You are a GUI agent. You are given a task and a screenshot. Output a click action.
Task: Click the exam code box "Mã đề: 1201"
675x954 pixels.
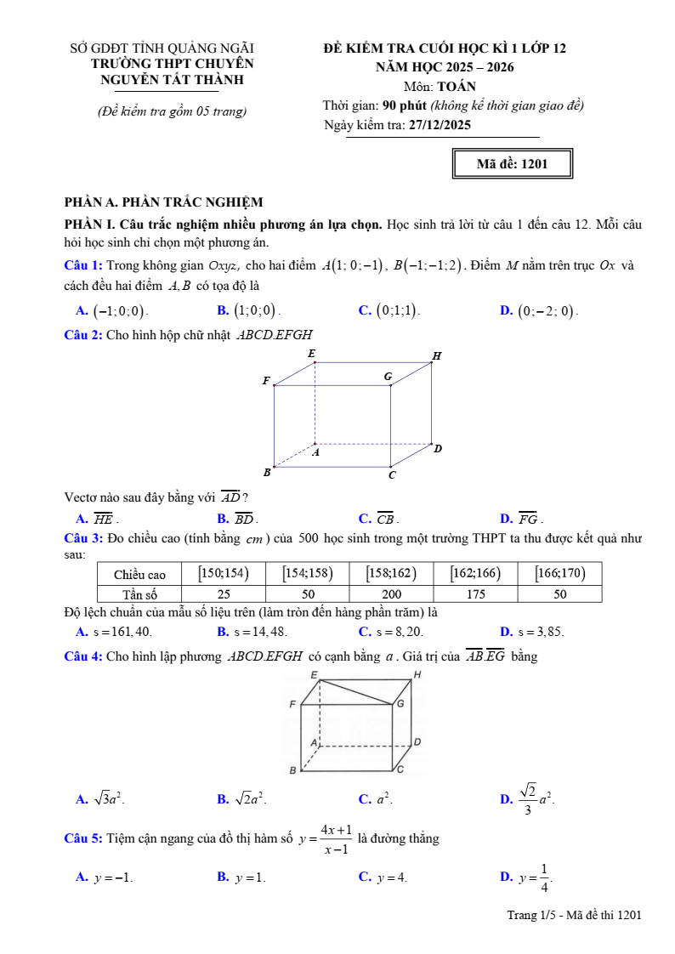click(512, 164)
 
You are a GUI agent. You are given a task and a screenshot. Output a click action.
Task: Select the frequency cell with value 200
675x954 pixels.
click(391, 594)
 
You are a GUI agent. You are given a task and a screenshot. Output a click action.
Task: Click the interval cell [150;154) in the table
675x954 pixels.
click(223, 574)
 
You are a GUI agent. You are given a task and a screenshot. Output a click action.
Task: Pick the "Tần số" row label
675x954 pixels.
click(139, 594)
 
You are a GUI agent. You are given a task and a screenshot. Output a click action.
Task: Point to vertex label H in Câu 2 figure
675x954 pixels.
click(437, 355)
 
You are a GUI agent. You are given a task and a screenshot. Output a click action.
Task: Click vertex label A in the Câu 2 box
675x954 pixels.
click(315, 453)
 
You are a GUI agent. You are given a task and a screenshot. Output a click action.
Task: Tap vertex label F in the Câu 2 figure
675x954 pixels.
click(266, 381)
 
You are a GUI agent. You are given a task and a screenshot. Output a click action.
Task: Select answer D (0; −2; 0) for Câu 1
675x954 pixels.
click(547, 311)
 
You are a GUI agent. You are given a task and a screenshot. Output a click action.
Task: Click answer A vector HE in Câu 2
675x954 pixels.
click(102, 519)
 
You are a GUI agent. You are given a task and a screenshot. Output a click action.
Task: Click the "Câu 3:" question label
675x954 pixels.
click(83, 538)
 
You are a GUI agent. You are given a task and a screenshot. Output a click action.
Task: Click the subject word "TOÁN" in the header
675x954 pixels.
click(457, 86)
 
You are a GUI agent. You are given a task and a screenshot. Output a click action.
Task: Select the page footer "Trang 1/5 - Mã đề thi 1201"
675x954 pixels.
click(574, 915)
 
